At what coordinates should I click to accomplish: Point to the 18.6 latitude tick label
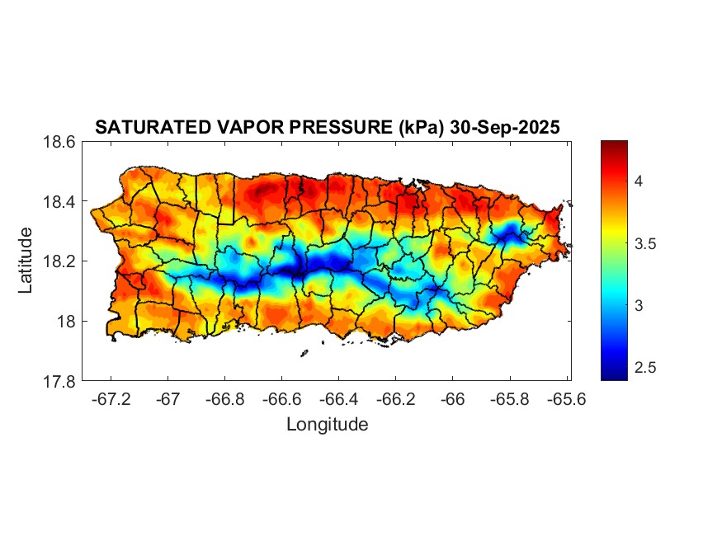pos(60,143)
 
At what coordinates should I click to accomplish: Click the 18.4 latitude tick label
pos(60,202)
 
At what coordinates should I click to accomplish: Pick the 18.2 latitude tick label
pos(60,261)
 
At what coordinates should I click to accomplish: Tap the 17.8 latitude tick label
pos(60,381)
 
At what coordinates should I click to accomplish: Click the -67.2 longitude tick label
pos(111,398)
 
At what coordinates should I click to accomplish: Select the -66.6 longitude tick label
pos(281,398)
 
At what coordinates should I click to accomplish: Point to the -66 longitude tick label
pos(452,398)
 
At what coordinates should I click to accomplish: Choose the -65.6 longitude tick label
pos(565,398)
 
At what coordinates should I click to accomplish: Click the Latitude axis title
pos(26,261)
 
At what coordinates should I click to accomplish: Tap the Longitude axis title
pos(327,425)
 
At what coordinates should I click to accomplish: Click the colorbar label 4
pos(639,181)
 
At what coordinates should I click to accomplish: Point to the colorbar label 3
pos(639,305)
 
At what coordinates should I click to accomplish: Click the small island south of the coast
pos(304,354)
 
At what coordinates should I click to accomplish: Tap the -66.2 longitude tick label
pos(395,398)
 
